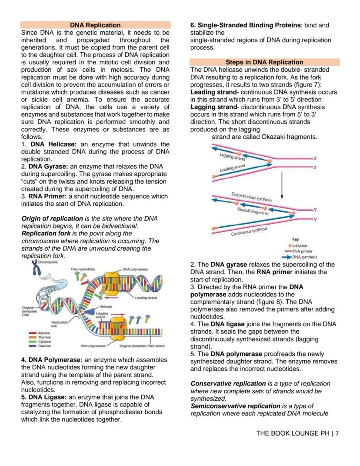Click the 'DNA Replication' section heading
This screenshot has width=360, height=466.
coord(96,25)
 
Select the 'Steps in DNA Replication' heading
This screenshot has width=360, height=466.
coord(264,62)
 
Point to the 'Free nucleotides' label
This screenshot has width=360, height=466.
coord(83,270)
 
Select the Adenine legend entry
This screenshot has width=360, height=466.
coord(43,333)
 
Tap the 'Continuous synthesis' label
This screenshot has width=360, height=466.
coord(249,231)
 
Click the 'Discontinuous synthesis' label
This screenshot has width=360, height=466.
coord(251,197)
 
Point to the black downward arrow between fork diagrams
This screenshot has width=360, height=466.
coord(282,184)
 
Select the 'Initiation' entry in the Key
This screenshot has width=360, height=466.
coord(299,246)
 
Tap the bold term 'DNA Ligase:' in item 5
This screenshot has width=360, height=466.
coord(47,397)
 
